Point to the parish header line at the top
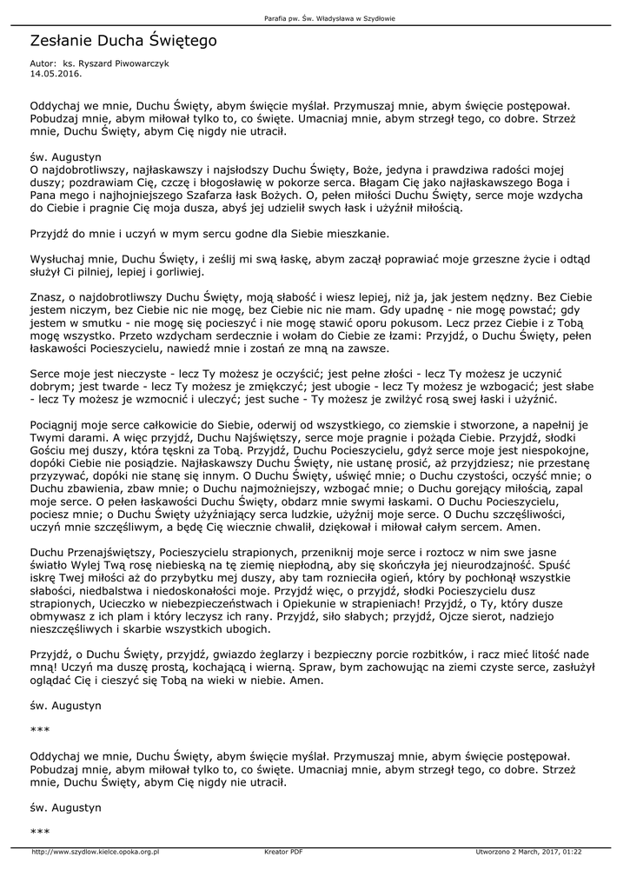point(315,18)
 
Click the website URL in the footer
point(96,852)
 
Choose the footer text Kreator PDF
point(283,852)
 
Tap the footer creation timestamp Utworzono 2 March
point(528,852)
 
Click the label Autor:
point(43,64)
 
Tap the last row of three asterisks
point(38,833)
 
